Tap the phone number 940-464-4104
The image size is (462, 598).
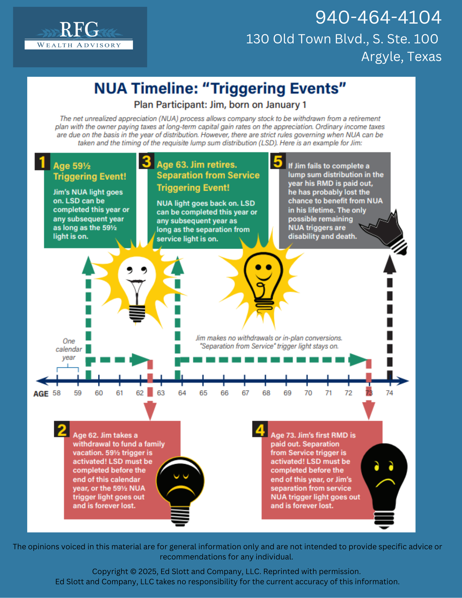pyautogui.click(x=378, y=17)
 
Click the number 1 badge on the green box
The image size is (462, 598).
pyautogui.click(x=42, y=162)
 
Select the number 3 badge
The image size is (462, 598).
pyautogui.click(x=147, y=161)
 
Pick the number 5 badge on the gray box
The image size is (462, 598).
pyautogui.click(x=278, y=161)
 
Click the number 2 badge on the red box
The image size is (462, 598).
pyautogui.click(x=62, y=430)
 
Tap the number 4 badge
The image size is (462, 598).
pyautogui.click(x=260, y=430)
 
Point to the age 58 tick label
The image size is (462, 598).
pyautogui.click(x=57, y=393)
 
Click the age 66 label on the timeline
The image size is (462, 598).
pyautogui.click(x=224, y=393)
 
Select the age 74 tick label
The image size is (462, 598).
pyautogui.click(x=389, y=393)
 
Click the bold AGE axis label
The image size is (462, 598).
pyautogui.click(x=41, y=394)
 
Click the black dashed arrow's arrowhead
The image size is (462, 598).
pyautogui.click(x=390, y=265)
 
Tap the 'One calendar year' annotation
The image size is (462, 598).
pyautogui.click(x=68, y=349)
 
